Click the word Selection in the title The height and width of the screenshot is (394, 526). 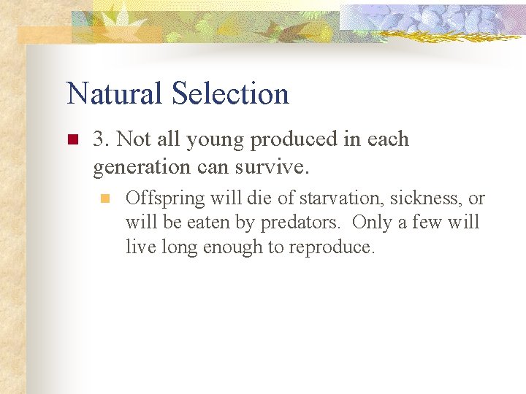(230, 94)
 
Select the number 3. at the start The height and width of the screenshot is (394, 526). (102, 139)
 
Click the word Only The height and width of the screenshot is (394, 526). (373, 223)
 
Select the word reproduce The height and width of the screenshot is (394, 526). (332, 247)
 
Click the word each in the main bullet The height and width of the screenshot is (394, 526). (389, 139)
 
